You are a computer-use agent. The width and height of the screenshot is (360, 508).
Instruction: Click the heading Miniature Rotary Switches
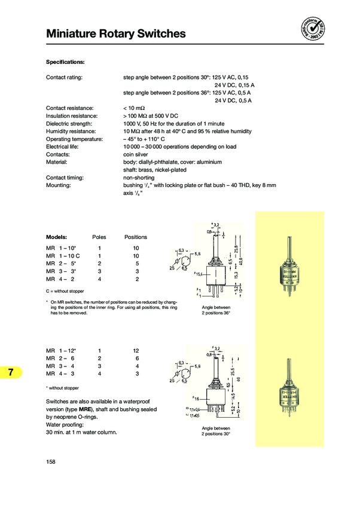116,34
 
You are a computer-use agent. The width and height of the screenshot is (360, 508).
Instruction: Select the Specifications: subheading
65,62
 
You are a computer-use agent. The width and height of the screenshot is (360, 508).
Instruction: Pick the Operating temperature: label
74,139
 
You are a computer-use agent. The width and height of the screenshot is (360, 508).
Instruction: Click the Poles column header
99,237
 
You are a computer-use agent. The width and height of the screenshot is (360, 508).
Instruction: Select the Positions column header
136,237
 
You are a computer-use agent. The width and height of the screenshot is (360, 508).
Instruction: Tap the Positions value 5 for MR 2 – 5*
138,263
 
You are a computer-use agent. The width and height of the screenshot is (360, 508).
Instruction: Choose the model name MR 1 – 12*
62,350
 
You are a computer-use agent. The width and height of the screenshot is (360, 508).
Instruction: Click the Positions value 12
136,350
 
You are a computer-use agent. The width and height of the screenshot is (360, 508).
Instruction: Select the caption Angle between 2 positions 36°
215,310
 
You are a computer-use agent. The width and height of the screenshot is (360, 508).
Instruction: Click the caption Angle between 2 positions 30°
215,431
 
